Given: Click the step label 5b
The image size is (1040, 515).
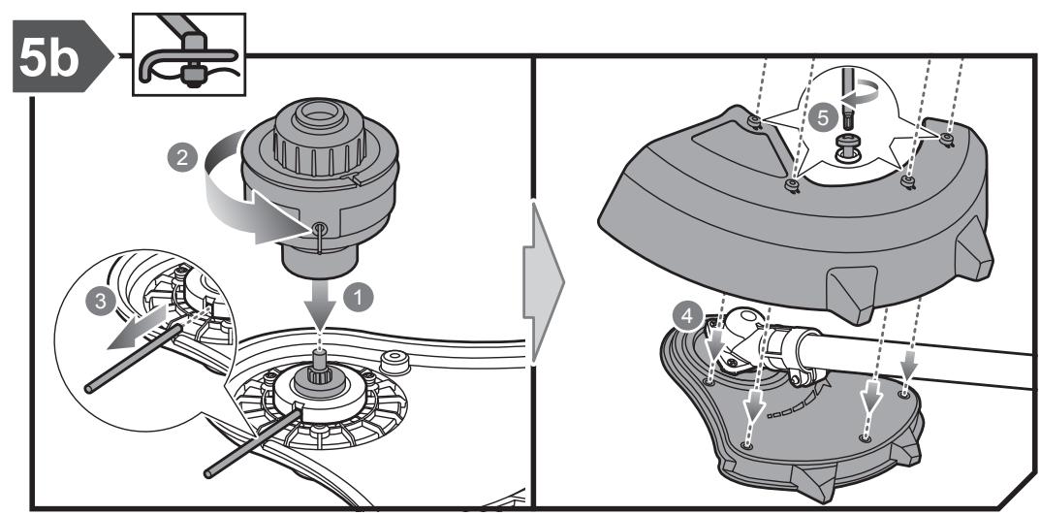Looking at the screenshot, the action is pyautogui.click(x=50, y=57).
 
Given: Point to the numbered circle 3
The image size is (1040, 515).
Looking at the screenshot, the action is pyautogui.click(x=100, y=302).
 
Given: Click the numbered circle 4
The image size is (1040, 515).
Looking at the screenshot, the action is pyautogui.click(x=687, y=316).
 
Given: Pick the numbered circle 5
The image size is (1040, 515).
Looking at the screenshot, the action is pyautogui.click(x=823, y=118).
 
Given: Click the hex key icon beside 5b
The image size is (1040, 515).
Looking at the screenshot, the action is pyautogui.click(x=189, y=54).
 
